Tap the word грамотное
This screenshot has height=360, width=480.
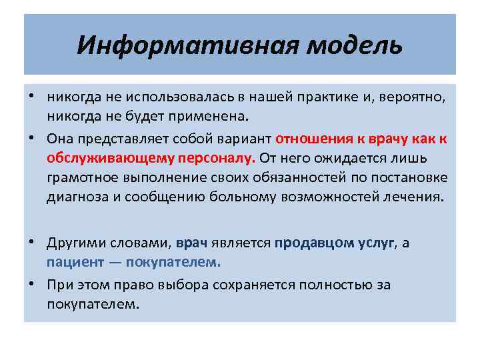pyautogui.click(x=79, y=179)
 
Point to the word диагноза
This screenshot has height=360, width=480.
pyautogui.click(x=75, y=198)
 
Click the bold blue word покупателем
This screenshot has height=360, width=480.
pyautogui.click(x=184, y=263)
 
